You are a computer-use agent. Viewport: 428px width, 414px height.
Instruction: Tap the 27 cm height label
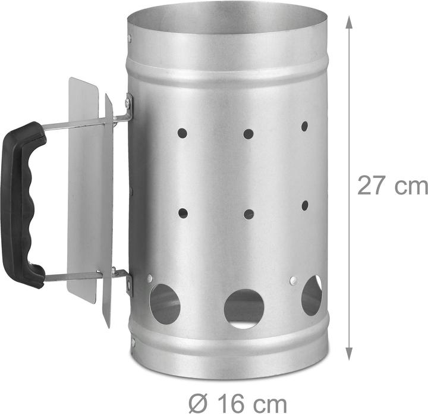[x=392, y=186]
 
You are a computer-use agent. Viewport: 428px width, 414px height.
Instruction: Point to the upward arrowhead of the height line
[x=349, y=22]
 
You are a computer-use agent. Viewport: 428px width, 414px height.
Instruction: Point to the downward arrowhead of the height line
[x=349, y=354]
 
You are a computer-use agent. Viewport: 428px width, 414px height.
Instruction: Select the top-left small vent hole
[x=182, y=133]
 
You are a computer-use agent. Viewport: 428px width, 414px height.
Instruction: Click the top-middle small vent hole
[x=248, y=134]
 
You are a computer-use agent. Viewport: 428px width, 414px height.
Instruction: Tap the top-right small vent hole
[x=304, y=126]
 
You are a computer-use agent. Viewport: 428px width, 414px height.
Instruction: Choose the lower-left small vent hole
[x=183, y=214]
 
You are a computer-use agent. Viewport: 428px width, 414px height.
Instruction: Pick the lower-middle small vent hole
[x=248, y=214]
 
